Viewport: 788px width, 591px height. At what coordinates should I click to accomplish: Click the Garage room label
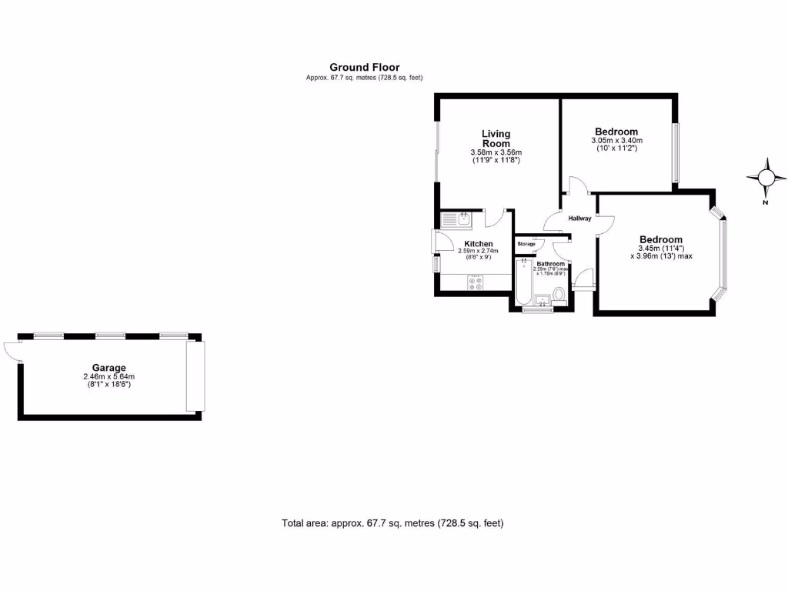pos(109,368)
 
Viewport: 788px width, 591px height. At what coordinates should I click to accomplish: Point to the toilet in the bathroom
pos(559,295)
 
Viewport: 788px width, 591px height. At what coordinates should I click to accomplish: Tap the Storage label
pos(526,244)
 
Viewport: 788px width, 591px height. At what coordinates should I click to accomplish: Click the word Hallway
pos(579,219)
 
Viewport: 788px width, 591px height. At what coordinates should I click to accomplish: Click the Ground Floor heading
pos(364,68)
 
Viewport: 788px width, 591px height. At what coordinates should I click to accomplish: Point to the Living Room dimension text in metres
pos(496,152)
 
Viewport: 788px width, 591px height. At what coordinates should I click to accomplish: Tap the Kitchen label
pos(478,244)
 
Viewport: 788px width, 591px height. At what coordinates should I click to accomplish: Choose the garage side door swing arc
pos(11,350)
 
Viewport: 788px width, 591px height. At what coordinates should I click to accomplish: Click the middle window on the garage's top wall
pos(110,336)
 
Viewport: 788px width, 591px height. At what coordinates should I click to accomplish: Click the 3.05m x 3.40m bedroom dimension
pos(616,141)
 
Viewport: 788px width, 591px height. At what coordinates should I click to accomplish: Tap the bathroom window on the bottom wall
pos(537,310)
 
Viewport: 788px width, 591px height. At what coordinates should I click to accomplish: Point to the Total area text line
pos(392,523)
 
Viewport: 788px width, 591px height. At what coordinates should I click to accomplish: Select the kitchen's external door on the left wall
pos(437,242)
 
